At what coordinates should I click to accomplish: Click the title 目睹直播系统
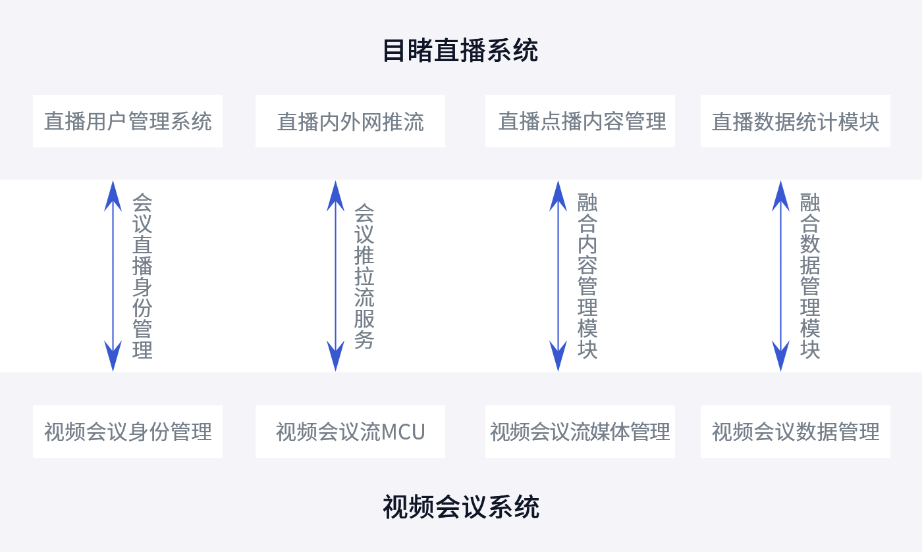(460, 51)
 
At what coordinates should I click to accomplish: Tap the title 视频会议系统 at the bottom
(460, 507)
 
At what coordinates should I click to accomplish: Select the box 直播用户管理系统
(128, 121)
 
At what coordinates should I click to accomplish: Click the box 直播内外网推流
(350, 121)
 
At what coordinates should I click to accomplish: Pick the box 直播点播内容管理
(580, 121)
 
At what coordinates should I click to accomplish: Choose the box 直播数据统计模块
(796, 121)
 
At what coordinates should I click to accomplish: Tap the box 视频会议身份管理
(128, 432)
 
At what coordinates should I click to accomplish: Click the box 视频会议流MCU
(350, 432)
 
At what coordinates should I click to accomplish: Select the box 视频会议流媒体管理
(580, 432)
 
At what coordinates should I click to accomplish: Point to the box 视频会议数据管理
(796, 432)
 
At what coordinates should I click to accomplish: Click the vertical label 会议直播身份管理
(142, 276)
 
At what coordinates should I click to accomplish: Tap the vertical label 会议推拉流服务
(364, 276)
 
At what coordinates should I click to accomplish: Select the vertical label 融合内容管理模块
(587, 276)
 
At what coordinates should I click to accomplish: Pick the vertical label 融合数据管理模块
(810, 276)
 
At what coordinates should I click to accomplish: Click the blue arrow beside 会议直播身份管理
(113, 276)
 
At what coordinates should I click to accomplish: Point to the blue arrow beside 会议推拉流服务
(336, 276)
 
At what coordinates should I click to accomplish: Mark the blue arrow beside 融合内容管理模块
(558, 276)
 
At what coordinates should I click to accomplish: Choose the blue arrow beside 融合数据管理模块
(781, 276)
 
